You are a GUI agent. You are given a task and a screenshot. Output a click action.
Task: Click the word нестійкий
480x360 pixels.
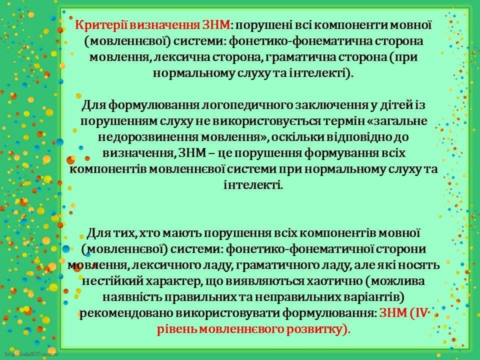pos(111,281)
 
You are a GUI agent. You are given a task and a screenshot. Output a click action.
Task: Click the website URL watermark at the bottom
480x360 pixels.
pos(32,355)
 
